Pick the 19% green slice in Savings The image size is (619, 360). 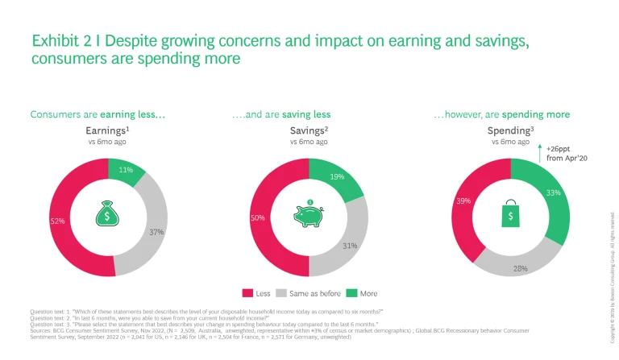336,178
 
